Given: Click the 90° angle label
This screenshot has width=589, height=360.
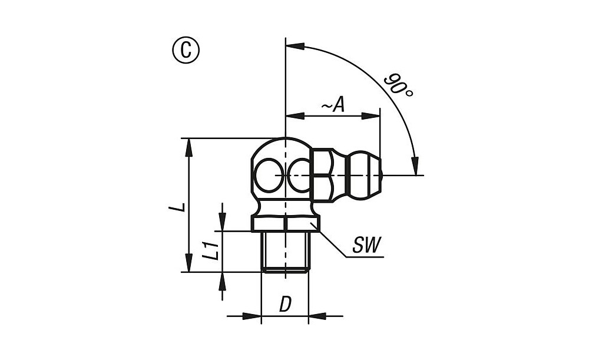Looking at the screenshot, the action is click(398, 85).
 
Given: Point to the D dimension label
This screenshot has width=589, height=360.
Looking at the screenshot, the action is click(285, 305).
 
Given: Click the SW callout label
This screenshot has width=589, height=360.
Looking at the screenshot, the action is click(366, 245).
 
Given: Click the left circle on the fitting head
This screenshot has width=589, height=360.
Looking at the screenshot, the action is click(269, 175).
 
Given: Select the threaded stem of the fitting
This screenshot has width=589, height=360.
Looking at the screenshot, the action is click(285, 252).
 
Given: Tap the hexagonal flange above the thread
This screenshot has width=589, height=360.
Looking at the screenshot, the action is click(286, 223).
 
